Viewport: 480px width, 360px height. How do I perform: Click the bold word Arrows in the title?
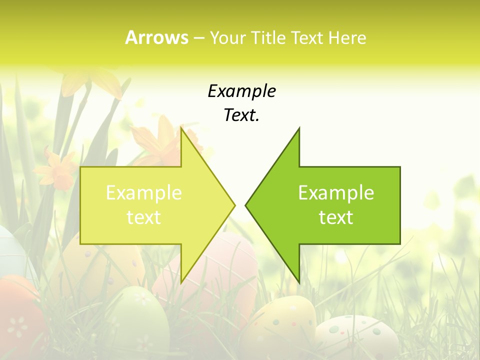156,37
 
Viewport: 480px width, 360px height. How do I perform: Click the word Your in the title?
226,38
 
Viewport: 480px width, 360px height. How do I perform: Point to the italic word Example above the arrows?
241,91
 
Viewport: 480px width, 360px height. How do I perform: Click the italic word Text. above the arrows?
241,115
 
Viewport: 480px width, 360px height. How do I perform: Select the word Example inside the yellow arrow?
144,193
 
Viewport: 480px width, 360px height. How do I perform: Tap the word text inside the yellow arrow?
144,217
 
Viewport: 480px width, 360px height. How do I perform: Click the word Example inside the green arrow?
336,193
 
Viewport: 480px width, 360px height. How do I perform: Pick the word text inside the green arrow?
336,217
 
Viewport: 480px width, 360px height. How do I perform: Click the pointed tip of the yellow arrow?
234,205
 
